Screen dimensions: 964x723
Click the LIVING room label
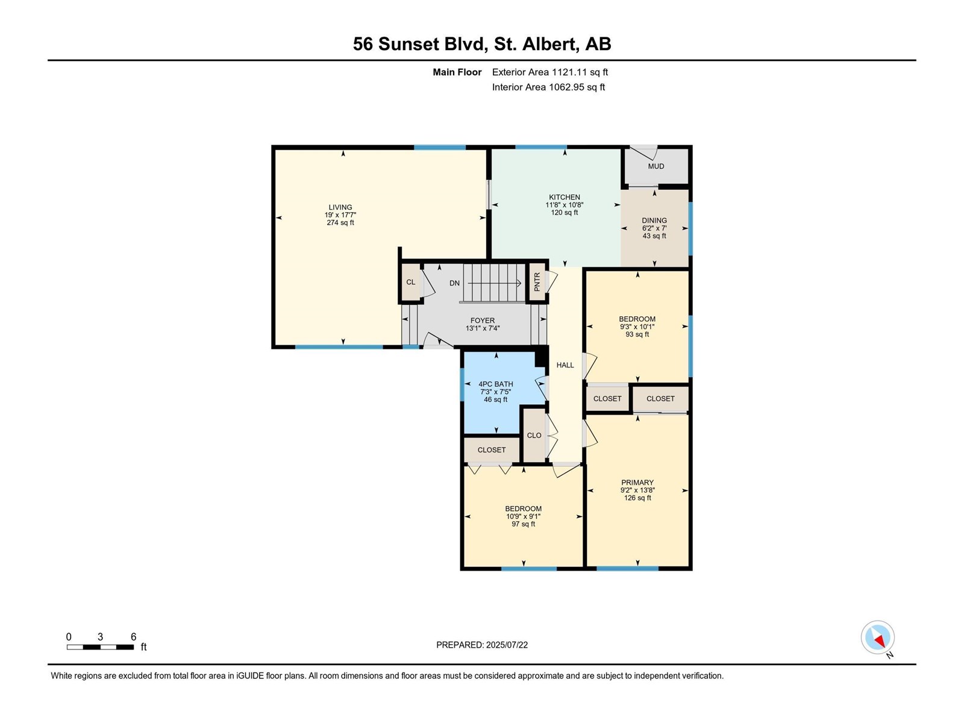point(340,207)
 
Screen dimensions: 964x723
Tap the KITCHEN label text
point(565,197)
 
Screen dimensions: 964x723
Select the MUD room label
point(656,166)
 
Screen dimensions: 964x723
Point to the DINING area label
point(654,221)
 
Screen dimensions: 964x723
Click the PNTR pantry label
point(537,282)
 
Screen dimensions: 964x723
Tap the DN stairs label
point(454,283)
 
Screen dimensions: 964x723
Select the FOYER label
point(482,321)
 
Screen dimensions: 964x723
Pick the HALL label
point(565,365)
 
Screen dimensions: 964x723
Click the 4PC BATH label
point(495,384)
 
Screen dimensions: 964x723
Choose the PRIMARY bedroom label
point(637,483)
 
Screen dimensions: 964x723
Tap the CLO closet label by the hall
point(534,436)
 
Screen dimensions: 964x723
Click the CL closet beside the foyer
point(411,282)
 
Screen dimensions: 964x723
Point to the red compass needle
point(879,641)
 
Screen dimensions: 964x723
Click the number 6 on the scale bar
point(134,636)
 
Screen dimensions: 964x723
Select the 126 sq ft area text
point(637,498)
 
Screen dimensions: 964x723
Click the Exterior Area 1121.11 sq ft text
point(550,72)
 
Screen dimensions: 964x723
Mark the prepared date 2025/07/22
point(507,645)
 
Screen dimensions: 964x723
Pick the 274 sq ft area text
point(340,222)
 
